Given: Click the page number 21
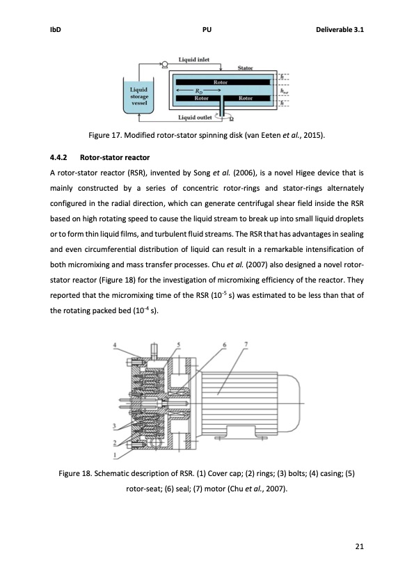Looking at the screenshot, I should pyautogui.click(x=359, y=545).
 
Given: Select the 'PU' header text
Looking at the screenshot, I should pyautogui.click(x=207, y=31).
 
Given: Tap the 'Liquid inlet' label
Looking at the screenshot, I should pyautogui.click(x=194, y=60).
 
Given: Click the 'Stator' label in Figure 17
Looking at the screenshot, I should pyautogui.click(x=245, y=68).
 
